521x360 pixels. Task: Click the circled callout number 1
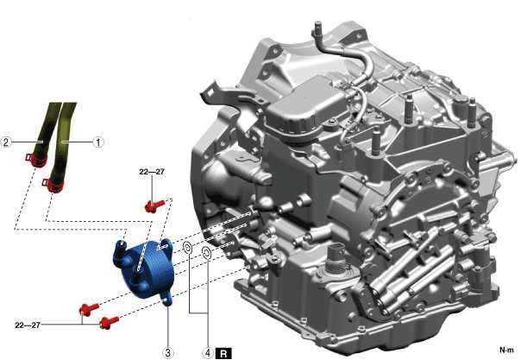click(98, 142)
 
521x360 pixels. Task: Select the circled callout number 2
click(6, 142)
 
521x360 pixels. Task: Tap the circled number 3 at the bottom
click(168, 352)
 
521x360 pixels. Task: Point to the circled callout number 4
click(208, 352)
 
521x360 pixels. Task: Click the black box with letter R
click(223, 353)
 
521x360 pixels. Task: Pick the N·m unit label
click(507, 350)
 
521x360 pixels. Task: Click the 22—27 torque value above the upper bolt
click(152, 172)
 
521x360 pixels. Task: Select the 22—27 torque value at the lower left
click(28, 325)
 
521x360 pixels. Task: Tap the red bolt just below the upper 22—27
click(154, 205)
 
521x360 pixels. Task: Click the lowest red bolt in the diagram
click(109, 322)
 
